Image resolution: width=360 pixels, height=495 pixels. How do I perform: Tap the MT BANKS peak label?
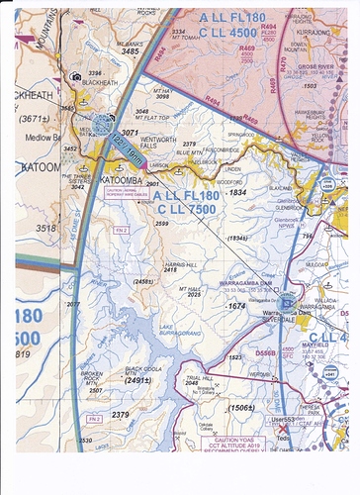click(129, 46)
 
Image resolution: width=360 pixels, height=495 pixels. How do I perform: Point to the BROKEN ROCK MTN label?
click(91, 380)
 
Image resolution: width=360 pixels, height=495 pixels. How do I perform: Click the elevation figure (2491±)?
click(137, 380)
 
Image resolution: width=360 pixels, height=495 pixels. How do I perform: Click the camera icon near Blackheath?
click(75, 76)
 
